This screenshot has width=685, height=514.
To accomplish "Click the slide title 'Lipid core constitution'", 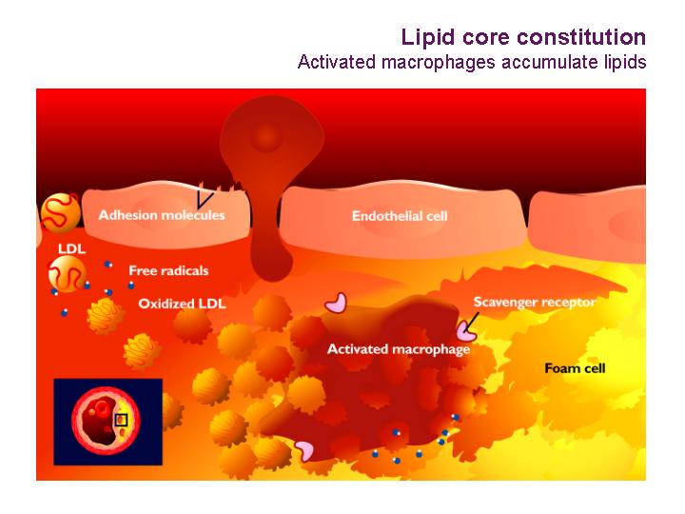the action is (x=523, y=37).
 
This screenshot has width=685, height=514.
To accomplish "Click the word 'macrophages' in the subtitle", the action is (x=439, y=62).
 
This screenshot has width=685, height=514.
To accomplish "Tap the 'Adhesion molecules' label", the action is (x=162, y=215).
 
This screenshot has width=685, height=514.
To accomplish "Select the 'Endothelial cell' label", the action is (x=400, y=216).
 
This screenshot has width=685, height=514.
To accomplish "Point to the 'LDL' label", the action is (x=71, y=249).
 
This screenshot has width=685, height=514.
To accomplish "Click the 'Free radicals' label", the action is (x=168, y=270).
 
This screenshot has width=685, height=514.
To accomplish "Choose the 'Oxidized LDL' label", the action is (x=182, y=304).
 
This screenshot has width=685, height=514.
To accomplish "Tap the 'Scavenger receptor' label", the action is (x=535, y=302).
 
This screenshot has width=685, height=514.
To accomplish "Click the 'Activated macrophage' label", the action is (x=399, y=349).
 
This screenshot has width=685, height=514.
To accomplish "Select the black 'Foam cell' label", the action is (x=575, y=368).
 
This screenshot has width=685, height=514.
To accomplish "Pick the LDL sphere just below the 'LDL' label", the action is (x=67, y=273).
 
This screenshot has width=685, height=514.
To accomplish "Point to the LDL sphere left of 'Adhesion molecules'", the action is (x=61, y=213).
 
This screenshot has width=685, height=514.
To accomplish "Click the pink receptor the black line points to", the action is (x=466, y=331).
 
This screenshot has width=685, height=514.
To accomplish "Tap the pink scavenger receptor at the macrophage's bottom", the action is (x=304, y=450).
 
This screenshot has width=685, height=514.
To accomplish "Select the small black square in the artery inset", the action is (x=121, y=420).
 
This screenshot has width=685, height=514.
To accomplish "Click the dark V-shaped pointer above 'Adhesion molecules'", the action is (x=205, y=200).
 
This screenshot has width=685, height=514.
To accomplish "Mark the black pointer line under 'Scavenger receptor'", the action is (x=472, y=323).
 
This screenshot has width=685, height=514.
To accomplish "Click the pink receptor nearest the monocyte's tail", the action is (x=336, y=303).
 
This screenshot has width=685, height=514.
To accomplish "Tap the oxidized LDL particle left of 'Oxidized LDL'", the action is (x=106, y=316).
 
